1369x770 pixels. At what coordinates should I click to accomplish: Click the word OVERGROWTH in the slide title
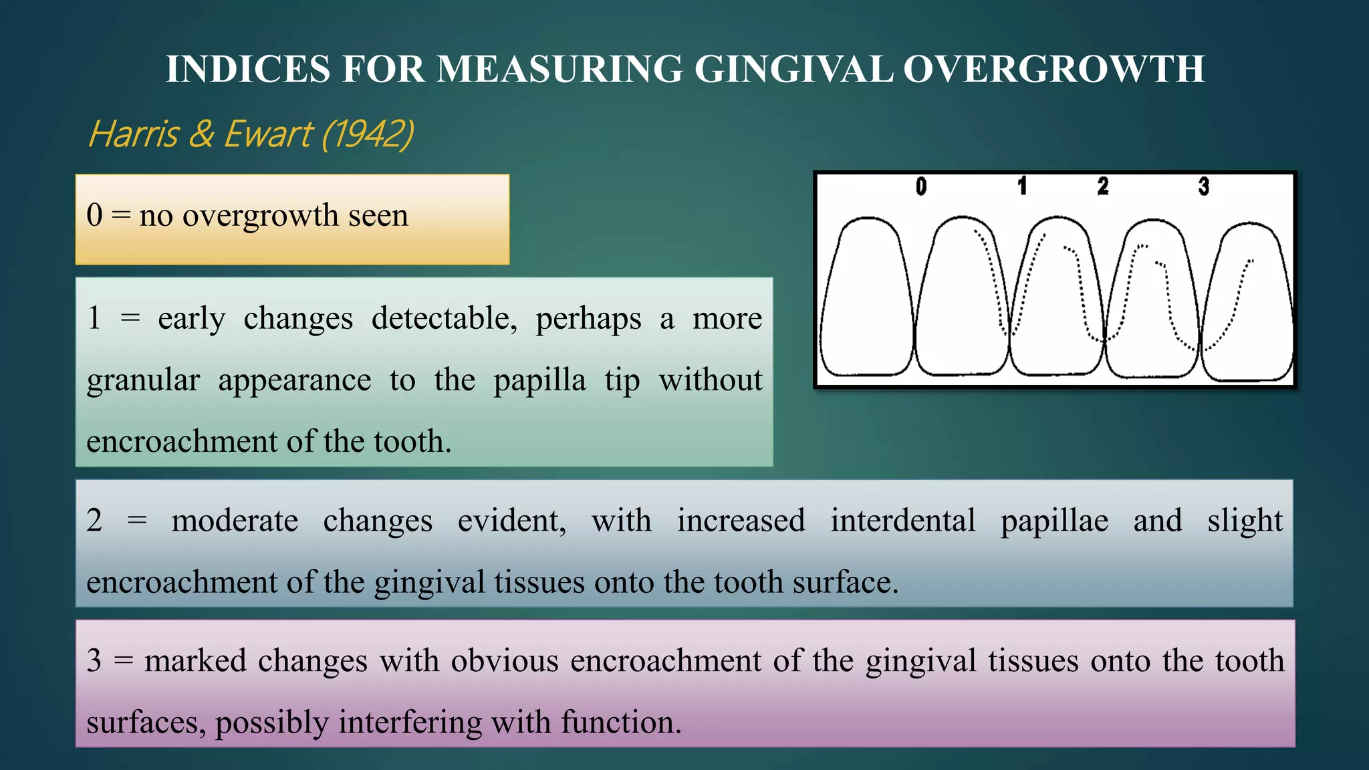(x=1054, y=69)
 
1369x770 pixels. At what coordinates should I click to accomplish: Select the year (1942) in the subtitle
(x=368, y=134)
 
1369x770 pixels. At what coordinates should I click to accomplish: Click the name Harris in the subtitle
(x=133, y=134)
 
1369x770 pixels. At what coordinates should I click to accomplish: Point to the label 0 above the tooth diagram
(x=921, y=186)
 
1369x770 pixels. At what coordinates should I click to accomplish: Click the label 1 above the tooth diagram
(x=1022, y=186)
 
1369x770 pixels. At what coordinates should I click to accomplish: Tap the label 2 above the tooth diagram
(x=1103, y=186)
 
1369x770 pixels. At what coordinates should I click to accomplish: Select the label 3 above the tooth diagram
(x=1204, y=186)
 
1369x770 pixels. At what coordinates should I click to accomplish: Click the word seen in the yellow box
(x=378, y=216)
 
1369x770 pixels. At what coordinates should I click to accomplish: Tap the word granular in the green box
(x=143, y=381)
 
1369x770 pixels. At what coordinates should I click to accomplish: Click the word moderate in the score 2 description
(x=235, y=521)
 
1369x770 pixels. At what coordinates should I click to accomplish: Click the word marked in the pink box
(x=195, y=661)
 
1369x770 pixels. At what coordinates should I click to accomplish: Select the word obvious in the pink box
(x=505, y=661)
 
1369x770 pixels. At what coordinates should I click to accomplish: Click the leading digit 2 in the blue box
(x=94, y=521)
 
